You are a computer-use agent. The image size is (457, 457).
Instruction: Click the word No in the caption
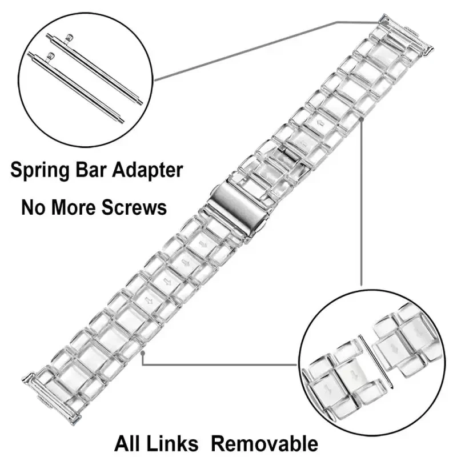click(34, 206)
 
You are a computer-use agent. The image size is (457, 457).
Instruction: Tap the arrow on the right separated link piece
click(394, 348)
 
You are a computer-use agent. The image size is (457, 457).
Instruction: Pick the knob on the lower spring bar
click(50, 55)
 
